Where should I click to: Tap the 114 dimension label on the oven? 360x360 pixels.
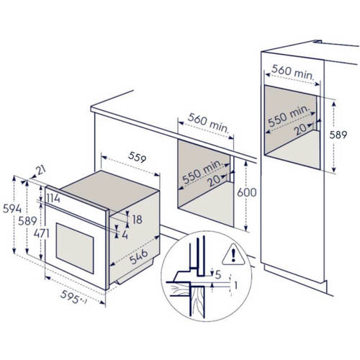tap(53, 198)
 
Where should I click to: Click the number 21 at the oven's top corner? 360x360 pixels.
tap(40, 170)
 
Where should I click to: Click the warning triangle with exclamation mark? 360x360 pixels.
tap(233, 254)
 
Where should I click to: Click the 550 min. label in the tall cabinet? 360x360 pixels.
tap(289, 114)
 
